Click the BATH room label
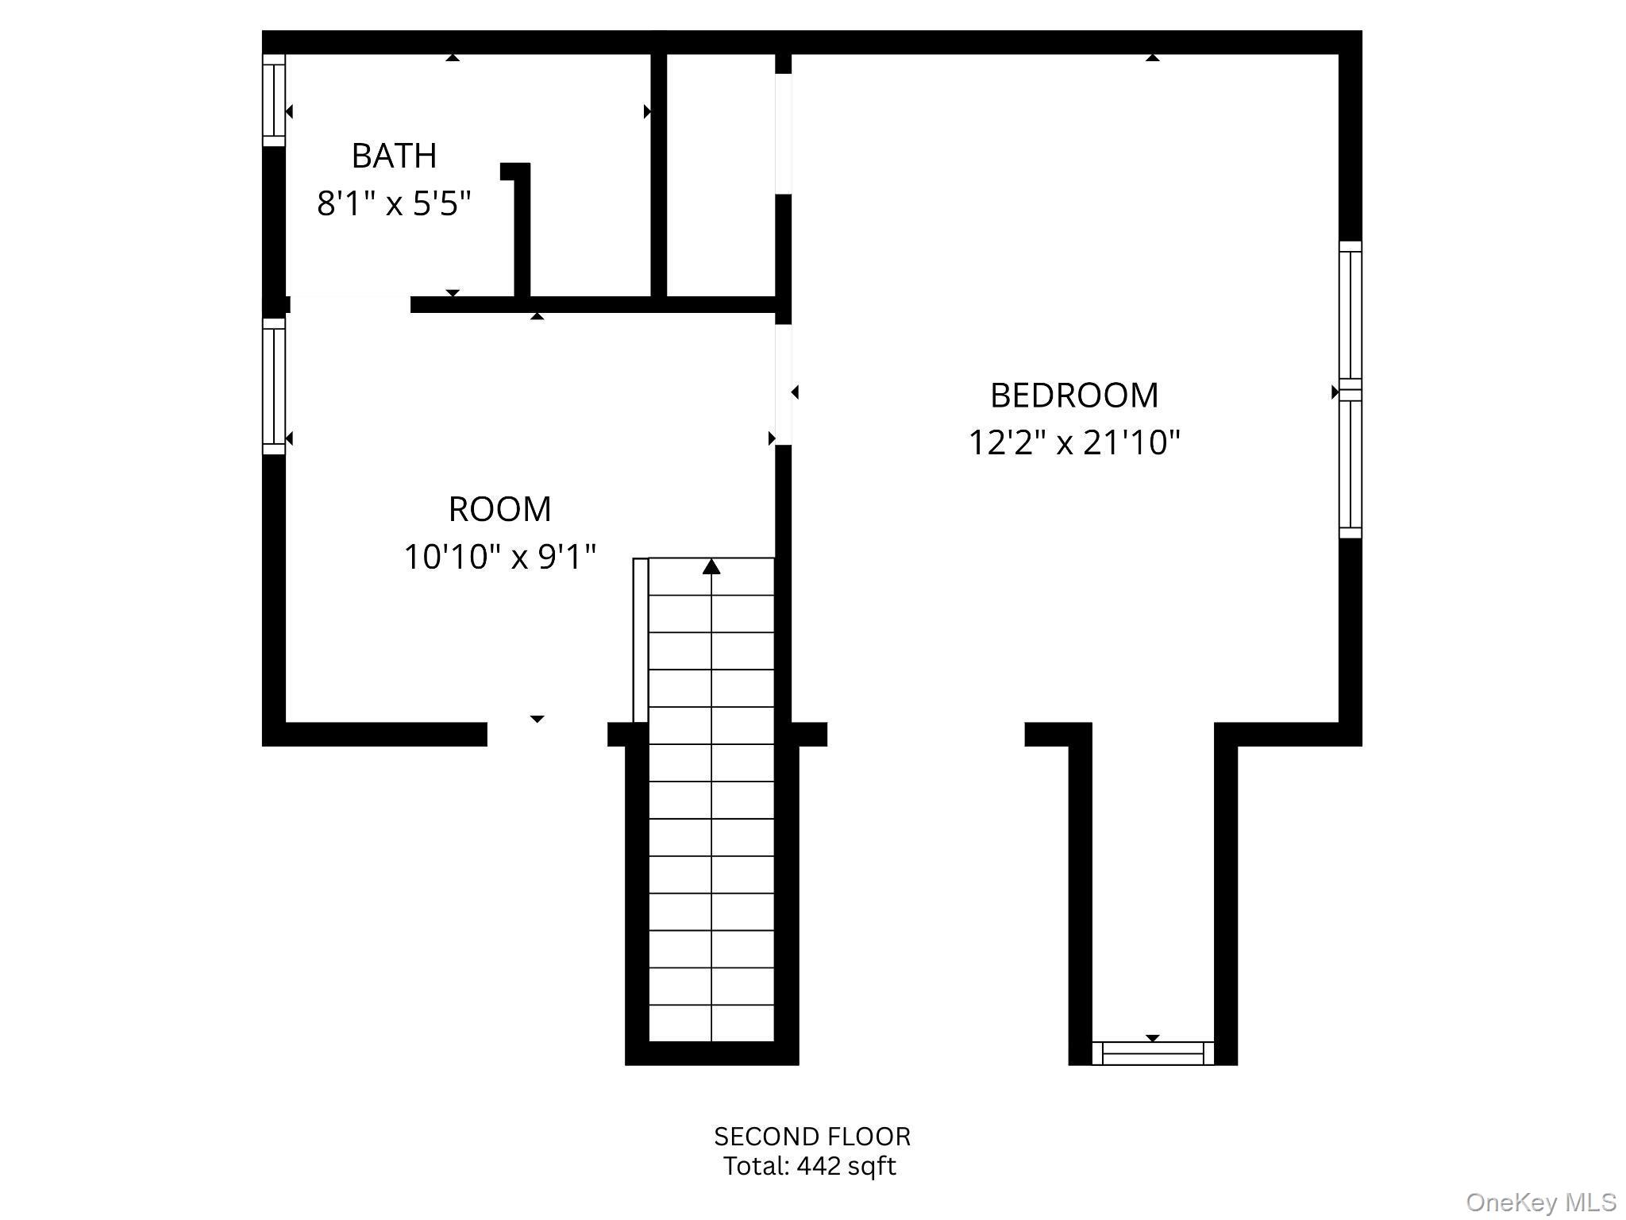click(394, 156)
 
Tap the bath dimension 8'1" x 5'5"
click(394, 203)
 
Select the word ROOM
click(499, 509)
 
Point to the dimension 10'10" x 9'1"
click(499, 557)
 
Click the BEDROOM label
click(1074, 396)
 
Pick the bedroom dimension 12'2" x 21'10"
click(1074, 442)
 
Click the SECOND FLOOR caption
click(812, 1137)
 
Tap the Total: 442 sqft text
click(809, 1166)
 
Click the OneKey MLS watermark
click(1541, 1202)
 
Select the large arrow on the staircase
click(711, 566)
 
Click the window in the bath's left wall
click(274, 100)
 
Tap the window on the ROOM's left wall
click(274, 387)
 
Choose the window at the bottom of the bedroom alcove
click(1153, 1053)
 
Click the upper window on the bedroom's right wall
click(1351, 315)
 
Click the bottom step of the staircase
click(711, 1023)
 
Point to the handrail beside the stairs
click(641, 640)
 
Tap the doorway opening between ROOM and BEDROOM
click(784, 384)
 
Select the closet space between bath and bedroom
click(721, 175)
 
